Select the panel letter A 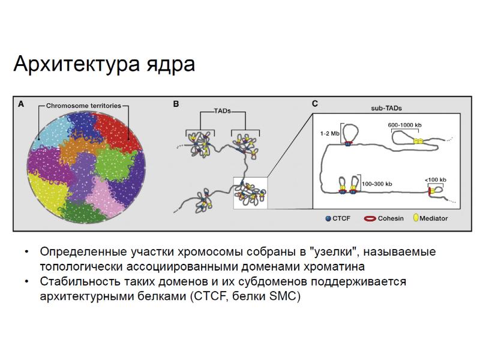(21, 104)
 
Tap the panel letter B (176, 104)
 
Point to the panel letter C (315, 104)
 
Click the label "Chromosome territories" (83, 105)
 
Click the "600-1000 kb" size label (405, 124)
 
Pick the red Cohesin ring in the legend (370, 218)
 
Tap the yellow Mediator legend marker (416, 218)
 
